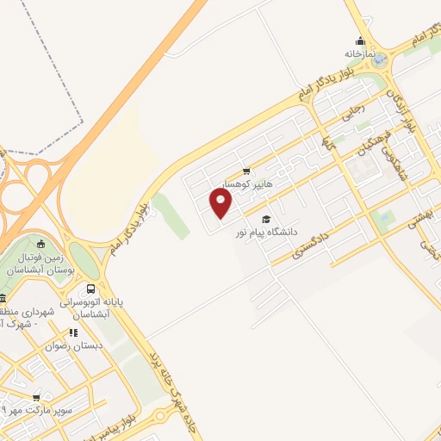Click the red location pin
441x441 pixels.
click(221, 203)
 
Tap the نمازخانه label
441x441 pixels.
click(362, 53)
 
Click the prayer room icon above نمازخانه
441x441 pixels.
click(362, 40)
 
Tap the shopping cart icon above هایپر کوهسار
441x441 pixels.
click(247, 171)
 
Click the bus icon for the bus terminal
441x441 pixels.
click(91, 289)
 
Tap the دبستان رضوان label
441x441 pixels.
click(74, 344)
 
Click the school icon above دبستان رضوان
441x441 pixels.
click(72, 331)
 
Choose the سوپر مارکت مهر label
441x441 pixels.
click(43, 411)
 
